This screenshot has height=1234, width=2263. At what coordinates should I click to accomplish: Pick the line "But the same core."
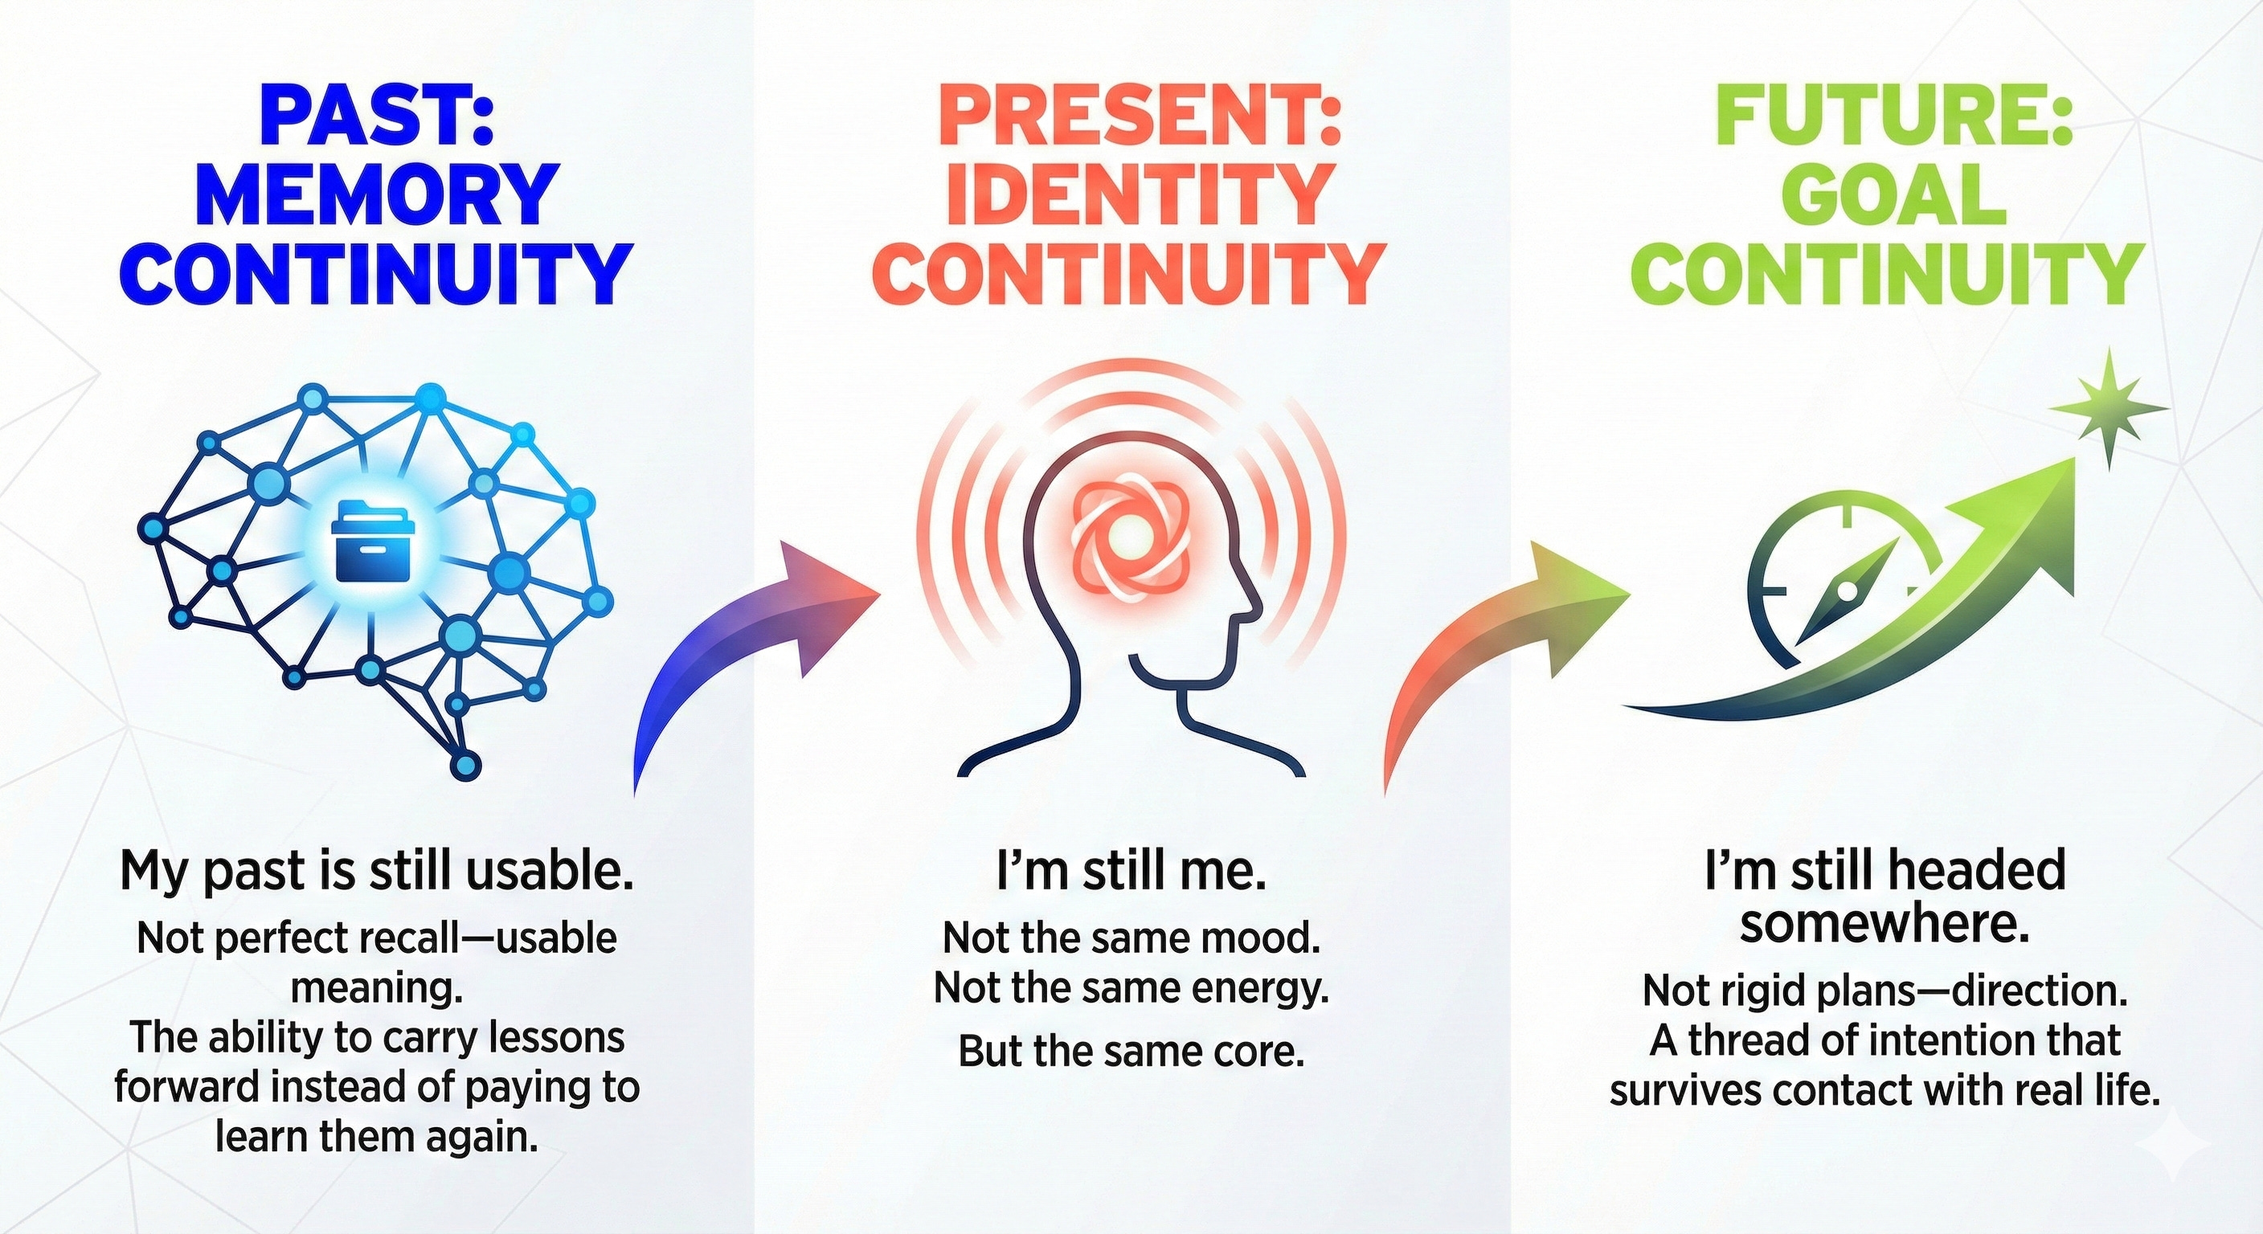pos(1130,1051)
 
